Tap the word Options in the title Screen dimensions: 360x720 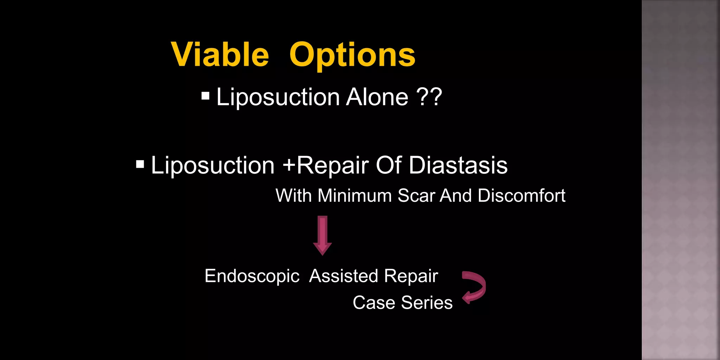point(352,56)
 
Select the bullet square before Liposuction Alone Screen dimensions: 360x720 point(206,96)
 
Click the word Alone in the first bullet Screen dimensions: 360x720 point(377,97)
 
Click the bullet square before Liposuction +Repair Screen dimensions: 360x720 point(140,164)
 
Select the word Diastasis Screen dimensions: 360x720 point(458,165)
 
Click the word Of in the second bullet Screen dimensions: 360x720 point(388,165)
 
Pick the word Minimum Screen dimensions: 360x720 point(354,195)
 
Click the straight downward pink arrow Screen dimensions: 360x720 point(322,235)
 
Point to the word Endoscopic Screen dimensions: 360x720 point(252,276)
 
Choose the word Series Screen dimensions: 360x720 point(427,303)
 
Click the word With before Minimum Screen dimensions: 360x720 point(293,195)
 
